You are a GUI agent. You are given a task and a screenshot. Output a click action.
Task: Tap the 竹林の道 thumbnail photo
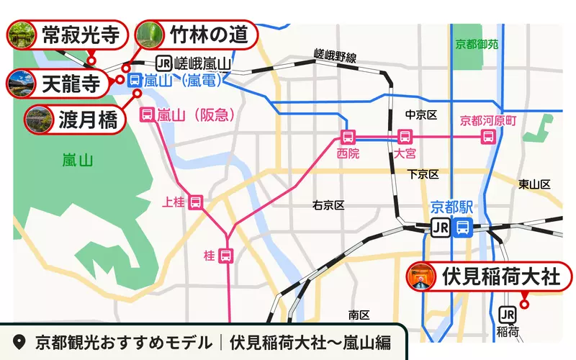pos(149,34)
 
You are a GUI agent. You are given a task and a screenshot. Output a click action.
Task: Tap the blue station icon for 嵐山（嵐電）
pos(134,81)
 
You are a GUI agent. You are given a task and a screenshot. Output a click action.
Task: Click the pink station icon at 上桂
pos(196,202)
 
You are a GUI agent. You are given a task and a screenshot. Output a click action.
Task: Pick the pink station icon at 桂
pos(226,255)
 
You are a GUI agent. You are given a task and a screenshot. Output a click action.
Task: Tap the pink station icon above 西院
pos(348,137)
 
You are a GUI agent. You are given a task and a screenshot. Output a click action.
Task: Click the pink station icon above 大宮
pos(405,136)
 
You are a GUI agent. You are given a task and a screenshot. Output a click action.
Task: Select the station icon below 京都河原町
pos(489,136)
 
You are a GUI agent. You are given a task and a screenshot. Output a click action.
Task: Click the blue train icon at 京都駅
pos(464,228)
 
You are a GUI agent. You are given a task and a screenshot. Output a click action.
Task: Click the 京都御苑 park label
pos(477,44)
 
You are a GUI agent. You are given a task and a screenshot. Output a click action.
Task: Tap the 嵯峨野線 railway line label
pos(336,55)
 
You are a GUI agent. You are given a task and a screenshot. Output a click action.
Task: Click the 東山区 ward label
pos(534,185)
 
